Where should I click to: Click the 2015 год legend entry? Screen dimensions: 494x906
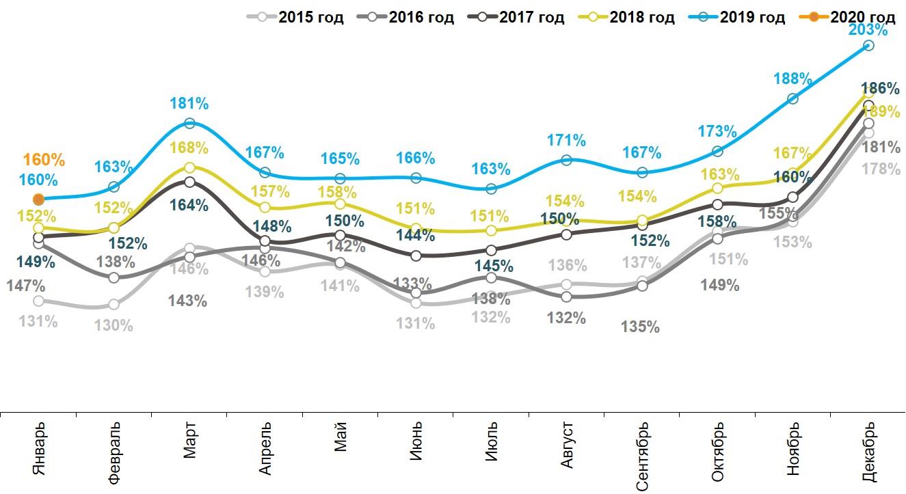point(295,18)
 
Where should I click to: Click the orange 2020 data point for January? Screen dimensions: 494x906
point(39,199)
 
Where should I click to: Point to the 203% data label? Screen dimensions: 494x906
point(868,29)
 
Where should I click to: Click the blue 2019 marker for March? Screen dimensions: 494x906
point(189,124)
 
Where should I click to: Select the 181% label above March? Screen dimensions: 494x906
point(189,104)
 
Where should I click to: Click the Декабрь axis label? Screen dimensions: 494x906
point(868,452)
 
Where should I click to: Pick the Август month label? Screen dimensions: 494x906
point(567,445)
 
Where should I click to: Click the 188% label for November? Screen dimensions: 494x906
point(792,79)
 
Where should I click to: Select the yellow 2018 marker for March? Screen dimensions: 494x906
point(189,167)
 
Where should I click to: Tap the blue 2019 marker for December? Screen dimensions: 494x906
point(868,45)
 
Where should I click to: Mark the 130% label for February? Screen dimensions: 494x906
point(114,325)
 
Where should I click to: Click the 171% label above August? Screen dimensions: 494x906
point(566,141)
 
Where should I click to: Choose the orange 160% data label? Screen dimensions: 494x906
point(44,161)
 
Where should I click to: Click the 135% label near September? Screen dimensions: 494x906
point(640,327)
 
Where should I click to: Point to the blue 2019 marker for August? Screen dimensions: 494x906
point(566,160)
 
